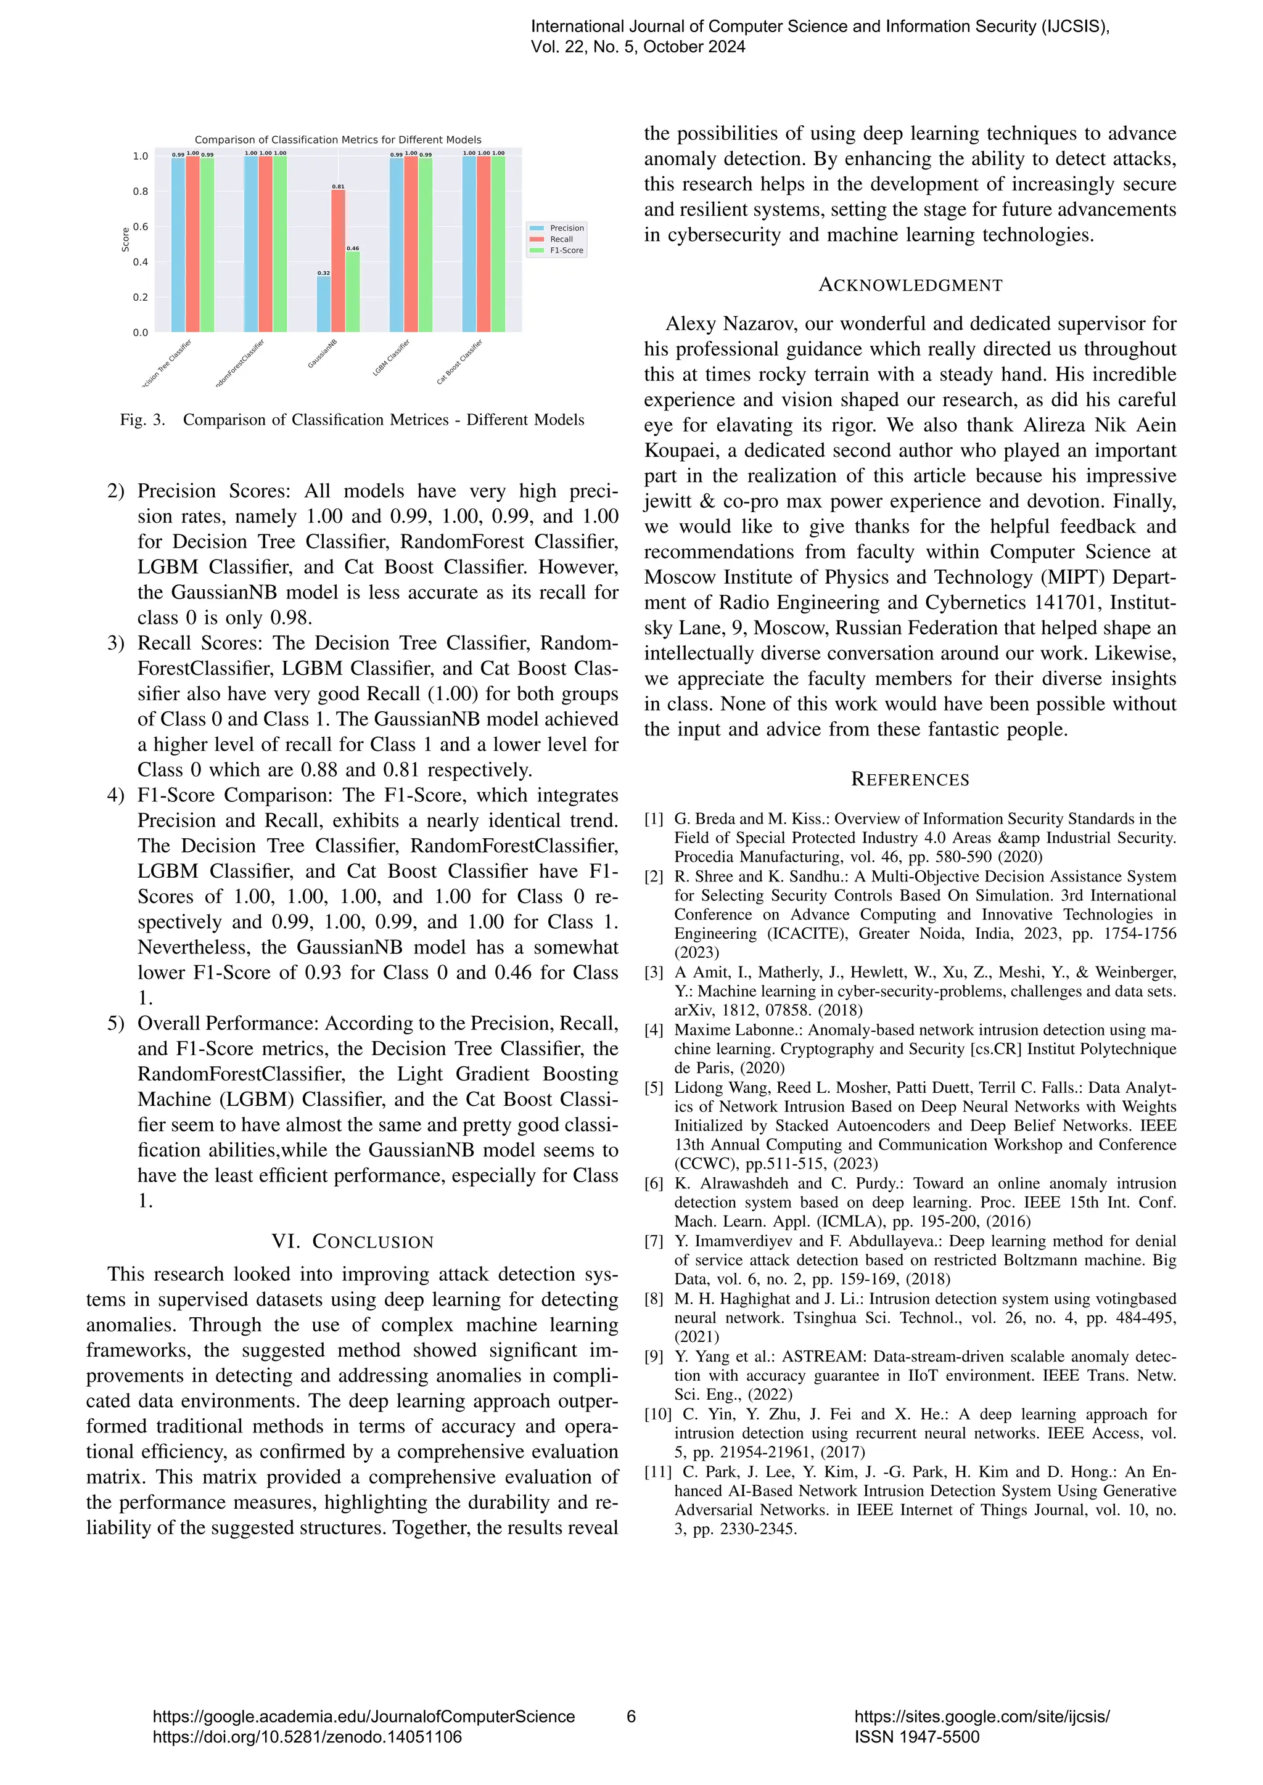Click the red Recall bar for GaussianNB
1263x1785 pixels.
coord(339,261)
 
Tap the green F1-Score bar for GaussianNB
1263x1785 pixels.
coord(352,292)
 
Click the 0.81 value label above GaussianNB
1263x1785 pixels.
coord(339,187)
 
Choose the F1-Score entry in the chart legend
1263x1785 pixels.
coord(566,250)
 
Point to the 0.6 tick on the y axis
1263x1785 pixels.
coord(140,227)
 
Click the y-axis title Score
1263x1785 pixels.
coord(125,239)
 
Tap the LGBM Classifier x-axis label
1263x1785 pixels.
coord(391,357)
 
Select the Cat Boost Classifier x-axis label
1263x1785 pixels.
coord(459,362)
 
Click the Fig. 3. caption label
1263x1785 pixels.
coord(143,420)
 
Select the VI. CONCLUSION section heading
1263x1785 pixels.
coord(352,1241)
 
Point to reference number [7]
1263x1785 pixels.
coord(654,1241)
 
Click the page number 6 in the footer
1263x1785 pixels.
coord(631,1717)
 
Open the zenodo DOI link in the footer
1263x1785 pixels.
coord(306,1737)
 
